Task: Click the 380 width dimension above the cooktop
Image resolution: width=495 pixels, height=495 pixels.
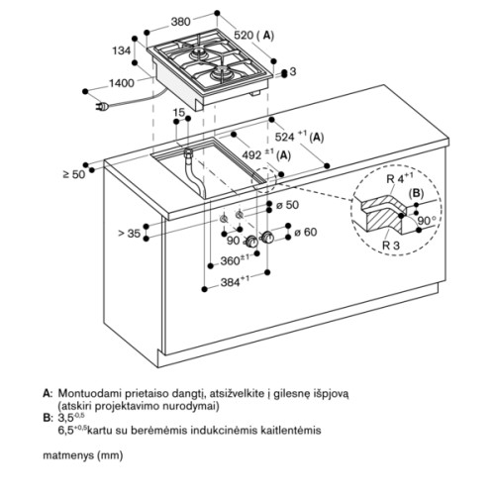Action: [180, 22]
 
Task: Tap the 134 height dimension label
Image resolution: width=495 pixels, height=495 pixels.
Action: [122, 50]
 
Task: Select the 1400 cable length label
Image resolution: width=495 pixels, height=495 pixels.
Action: [122, 83]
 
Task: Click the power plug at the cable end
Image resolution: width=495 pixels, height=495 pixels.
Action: [102, 106]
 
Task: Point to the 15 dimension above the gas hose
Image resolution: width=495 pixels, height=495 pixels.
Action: [179, 113]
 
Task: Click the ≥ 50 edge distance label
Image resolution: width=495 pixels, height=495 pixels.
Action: [74, 174]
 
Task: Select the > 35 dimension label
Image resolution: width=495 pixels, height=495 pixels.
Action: [130, 234]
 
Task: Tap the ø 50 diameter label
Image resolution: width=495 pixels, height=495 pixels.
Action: [287, 205]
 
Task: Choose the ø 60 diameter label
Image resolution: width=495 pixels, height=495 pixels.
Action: [306, 232]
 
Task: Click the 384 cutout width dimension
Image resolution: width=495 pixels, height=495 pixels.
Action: [235, 282]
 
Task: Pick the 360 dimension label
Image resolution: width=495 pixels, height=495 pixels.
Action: [235, 260]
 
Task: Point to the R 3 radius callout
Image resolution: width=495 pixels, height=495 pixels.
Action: [391, 246]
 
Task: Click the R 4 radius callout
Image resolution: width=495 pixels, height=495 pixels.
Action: [399, 178]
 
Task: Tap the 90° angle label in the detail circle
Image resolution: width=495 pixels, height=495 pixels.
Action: [427, 220]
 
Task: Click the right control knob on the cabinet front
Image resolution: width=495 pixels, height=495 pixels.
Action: [267, 238]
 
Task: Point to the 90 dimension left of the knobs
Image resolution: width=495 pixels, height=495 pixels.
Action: [234, 241]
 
